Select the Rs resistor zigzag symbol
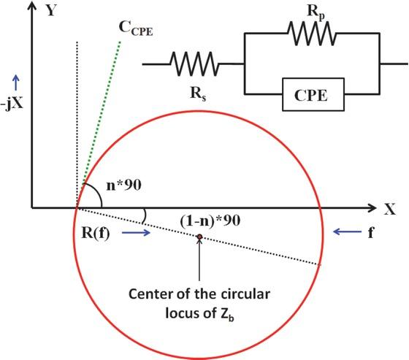point(192,64)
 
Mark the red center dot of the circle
point(199,237)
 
